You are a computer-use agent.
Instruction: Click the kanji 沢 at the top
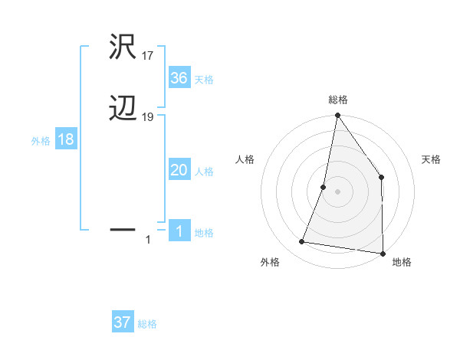[123, 48]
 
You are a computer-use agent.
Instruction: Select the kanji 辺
[123, 110]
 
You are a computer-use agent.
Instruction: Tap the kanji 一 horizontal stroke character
[123, 228]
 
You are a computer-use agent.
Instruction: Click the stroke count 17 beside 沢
[147, 56]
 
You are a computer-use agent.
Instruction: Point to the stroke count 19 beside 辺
[148, 117]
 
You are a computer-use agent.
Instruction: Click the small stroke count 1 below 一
[148, 240]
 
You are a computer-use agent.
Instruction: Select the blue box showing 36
[179, 78]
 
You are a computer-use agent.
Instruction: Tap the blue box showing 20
[179, 171]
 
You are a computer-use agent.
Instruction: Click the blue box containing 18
[66, 140]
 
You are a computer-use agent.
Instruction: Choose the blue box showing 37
[123, 322]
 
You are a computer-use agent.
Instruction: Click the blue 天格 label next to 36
[204, 80]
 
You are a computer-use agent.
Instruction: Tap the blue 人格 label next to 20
[204, 172]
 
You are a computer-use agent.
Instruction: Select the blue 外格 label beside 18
[41, 141]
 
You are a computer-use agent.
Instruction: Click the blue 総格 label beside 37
[147, 324]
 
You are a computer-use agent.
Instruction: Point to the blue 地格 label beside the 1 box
[204, 233]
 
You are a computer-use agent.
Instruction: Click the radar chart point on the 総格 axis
[337, 116]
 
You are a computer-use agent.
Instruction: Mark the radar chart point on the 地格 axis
[383, 253]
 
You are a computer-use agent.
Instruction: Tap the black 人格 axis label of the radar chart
[245, 159]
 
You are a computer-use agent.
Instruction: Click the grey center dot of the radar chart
[337, 191]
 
